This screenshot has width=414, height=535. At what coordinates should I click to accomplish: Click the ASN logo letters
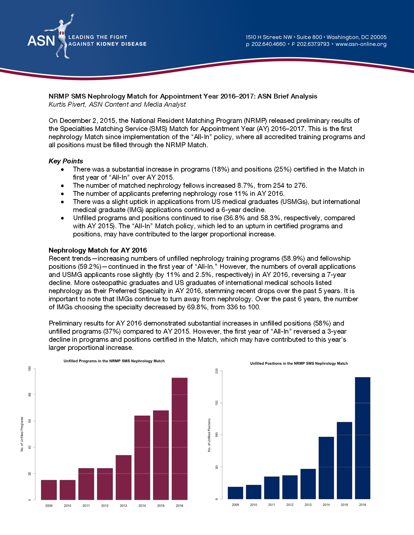41,41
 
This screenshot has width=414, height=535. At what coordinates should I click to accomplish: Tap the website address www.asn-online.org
361,44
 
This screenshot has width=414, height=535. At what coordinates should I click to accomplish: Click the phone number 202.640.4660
269,44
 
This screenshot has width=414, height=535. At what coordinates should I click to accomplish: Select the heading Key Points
66,161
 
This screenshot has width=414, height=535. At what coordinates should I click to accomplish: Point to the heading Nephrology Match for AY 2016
98,250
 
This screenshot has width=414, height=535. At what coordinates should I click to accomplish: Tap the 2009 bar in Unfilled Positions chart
235,493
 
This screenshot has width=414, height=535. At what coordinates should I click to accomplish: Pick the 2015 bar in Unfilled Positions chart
344,460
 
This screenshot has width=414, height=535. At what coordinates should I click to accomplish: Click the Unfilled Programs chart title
114,361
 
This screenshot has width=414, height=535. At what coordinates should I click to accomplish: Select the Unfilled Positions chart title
299,363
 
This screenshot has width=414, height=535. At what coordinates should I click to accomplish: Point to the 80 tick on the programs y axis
30,395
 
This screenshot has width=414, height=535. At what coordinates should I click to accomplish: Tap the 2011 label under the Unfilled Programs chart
86,506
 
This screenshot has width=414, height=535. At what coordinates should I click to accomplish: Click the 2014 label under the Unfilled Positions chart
326,505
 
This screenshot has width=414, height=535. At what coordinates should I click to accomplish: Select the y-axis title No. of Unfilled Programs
22,434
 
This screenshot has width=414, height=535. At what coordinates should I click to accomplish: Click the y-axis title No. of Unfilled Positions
209,435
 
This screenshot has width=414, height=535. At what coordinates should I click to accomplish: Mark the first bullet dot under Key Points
62,170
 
